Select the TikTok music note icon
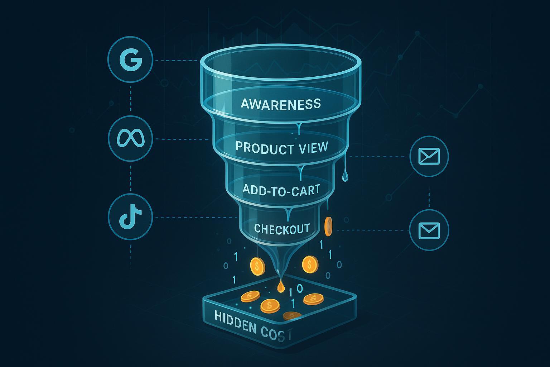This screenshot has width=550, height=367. pos(130,217)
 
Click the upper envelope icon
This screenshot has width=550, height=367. pos(429,157)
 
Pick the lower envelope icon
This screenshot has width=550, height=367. pos(429,230)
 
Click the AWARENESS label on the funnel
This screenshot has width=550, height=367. pos(281,104)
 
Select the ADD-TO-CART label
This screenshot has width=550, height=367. pos(281,189)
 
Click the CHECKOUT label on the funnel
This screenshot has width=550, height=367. pos(281,229)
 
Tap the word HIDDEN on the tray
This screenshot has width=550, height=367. pos(235,320)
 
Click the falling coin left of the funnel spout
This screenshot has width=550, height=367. pos(257,266)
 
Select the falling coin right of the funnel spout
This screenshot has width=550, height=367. pos(309,265)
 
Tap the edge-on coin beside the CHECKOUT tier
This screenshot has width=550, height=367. pos(328,227)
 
